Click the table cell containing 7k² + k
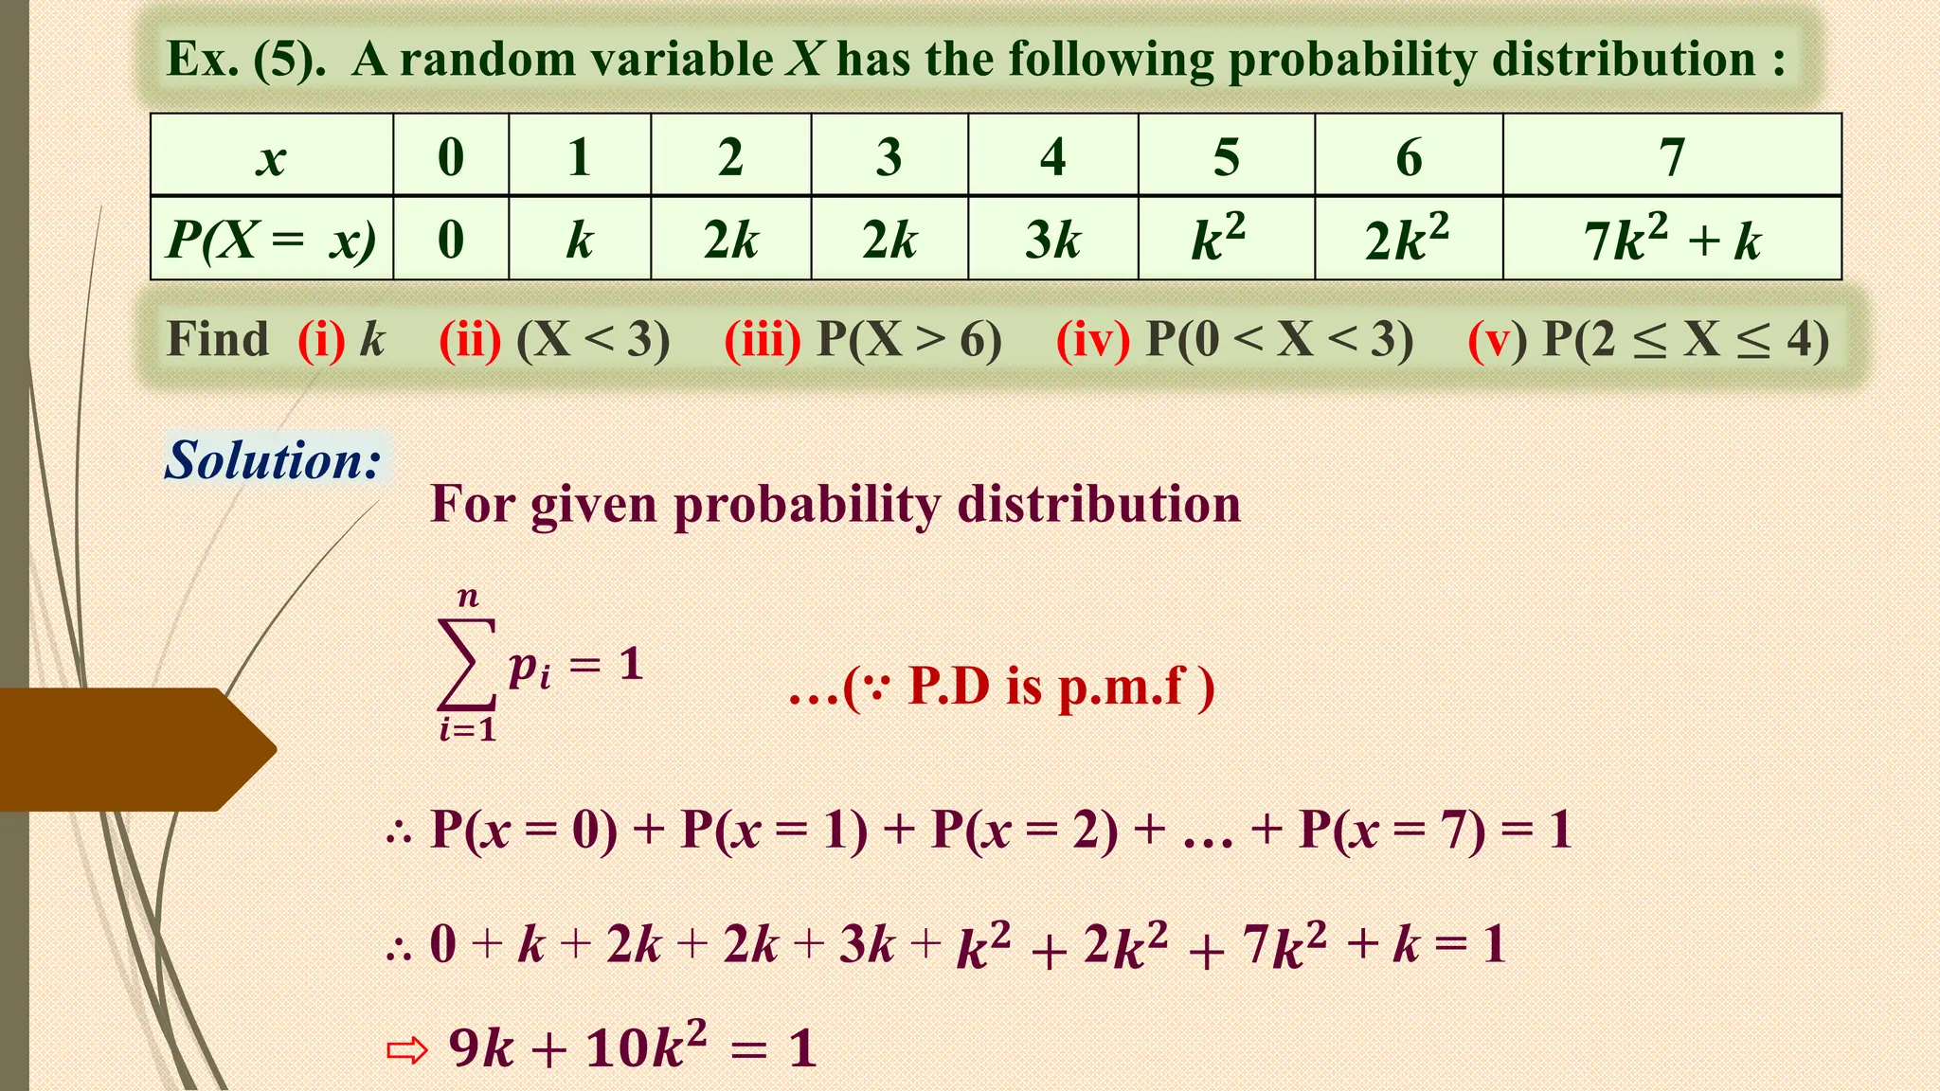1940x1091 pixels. point(1672,239)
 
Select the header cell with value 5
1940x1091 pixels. point(1226,156)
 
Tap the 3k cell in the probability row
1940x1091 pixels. point(1052,239)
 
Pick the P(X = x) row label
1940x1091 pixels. point(272,239)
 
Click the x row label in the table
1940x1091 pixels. point(272,156)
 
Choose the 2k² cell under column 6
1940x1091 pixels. point(1408,239)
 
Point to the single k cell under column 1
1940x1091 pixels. point(580,239)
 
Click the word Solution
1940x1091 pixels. point(273,460)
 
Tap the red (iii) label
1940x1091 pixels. point(763,339)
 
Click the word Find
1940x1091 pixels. point(218,339)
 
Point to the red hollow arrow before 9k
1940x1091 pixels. point(407,1050)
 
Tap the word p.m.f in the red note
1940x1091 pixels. point(1121,687)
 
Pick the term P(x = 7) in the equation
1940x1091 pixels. point(1392,830)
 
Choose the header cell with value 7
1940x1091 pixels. point(1672,156)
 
